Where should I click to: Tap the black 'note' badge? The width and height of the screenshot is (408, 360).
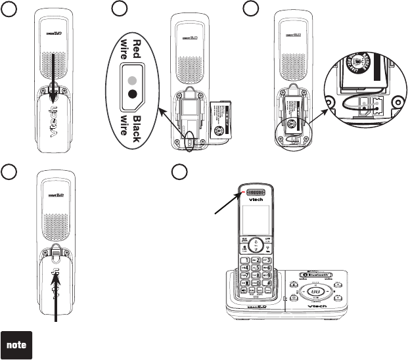20,344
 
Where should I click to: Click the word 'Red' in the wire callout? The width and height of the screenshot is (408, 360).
137,48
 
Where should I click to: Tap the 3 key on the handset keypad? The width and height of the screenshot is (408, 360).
268,261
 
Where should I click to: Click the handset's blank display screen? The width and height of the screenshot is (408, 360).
254,218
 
